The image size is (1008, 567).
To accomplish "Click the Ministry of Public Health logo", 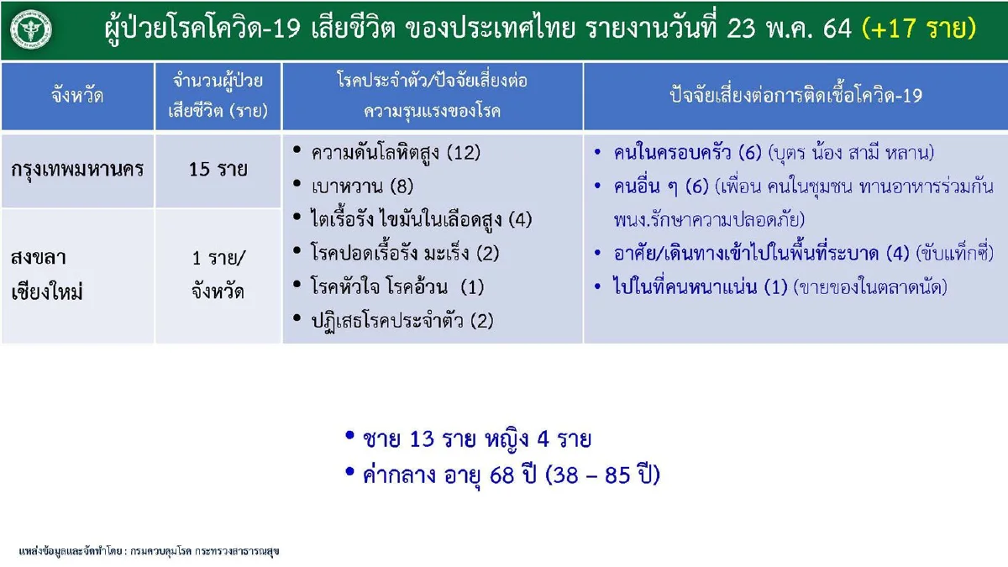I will (31, 30).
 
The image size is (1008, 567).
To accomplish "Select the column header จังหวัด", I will (77, 96).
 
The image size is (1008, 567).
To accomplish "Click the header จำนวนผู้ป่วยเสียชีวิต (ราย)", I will (218, 96).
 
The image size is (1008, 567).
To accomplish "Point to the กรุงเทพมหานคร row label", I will (78, 169).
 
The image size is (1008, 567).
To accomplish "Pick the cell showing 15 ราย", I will (218, 169).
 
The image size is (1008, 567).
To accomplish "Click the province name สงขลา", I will (39, 257).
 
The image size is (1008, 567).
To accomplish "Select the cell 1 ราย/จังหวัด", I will (218, 275).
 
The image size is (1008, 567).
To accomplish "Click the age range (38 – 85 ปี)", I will (602, 475).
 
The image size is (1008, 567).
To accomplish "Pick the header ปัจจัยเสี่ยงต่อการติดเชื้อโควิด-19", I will (795, 96).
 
